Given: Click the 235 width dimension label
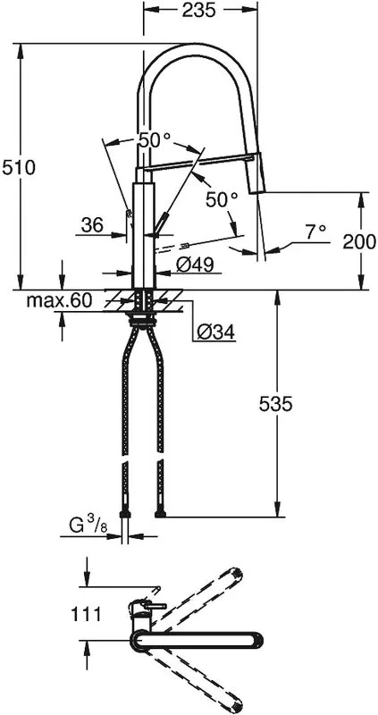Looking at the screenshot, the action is point(198,10).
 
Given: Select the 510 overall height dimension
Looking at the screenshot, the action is point(19,168).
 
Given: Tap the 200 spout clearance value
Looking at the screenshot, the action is point(359,241).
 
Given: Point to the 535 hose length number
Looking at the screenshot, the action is point(275,404).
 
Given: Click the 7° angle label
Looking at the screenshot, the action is point(316,232).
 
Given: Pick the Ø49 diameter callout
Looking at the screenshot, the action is point(195,265).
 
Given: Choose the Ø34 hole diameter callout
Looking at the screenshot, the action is point(215,332).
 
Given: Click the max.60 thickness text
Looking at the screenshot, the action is point(59,300).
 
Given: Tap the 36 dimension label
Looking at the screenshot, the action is point(92,225).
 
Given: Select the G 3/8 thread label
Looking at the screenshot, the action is point(88,526).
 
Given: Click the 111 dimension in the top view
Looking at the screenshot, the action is point(86,614).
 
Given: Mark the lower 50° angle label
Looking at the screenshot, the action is point(222,199).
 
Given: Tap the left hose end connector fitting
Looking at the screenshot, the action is point(125,515).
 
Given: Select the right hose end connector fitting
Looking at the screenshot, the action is point(160,515).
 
